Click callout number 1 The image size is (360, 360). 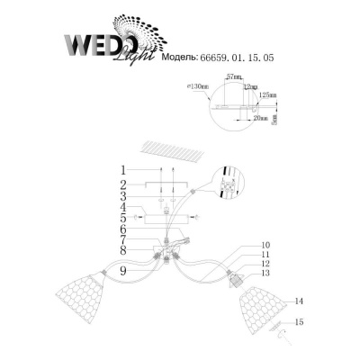click(122, 169)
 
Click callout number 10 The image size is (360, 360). click(265, 244)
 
